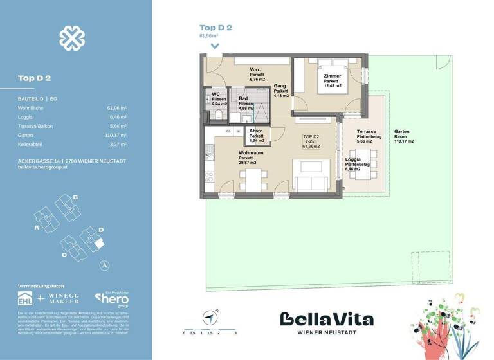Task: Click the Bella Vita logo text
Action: coord(326,319)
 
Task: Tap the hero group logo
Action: coord(112,298)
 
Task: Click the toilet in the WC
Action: coord(218,114)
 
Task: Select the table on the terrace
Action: coord(365,156)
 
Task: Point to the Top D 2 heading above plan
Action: coord(215,28)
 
